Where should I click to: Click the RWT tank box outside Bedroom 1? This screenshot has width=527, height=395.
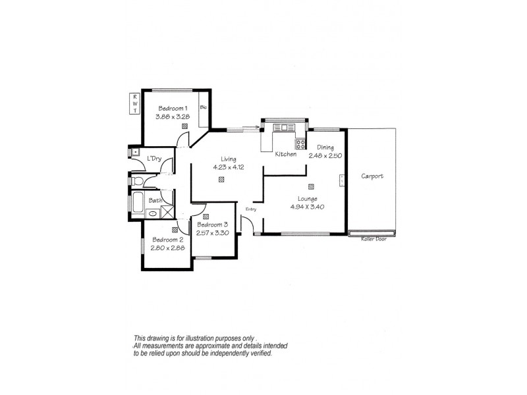(135, 104)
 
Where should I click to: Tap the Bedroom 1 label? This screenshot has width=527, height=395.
(171, 109)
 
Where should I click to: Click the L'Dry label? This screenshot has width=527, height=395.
(155, 158)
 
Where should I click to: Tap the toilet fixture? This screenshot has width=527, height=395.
(137, 180)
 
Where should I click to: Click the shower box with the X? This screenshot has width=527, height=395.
(167, 212)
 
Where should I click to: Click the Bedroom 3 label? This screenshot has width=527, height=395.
(212, 224)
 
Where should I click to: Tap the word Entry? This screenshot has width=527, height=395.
(250, 209)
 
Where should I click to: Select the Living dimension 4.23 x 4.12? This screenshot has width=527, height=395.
(228, 167)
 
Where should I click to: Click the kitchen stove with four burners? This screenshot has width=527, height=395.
(300, 144)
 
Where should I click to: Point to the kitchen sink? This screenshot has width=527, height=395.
(287, 127)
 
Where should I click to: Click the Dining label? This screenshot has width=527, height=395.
(325, 147)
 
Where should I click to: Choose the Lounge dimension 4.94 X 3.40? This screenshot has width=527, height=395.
(308, 207)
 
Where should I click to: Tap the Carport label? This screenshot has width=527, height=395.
(372, 176)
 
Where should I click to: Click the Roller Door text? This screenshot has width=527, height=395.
(372, 238)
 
